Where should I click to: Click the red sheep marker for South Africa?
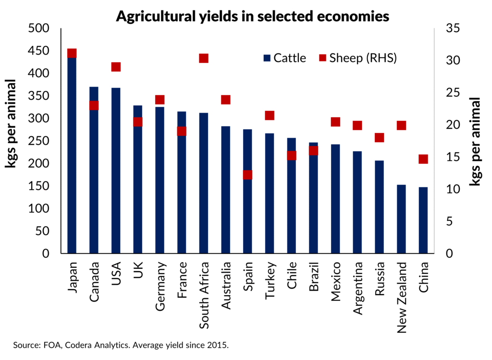point(204,58)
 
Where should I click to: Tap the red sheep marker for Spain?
point(247,175)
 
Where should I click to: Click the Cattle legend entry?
point(285,59)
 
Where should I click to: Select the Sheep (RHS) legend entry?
point(358,59)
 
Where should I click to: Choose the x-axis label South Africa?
point(204,295)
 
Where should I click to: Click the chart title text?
point(252,16)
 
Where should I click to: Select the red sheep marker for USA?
point(116,67)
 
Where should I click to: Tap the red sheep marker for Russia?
point(380,138)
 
